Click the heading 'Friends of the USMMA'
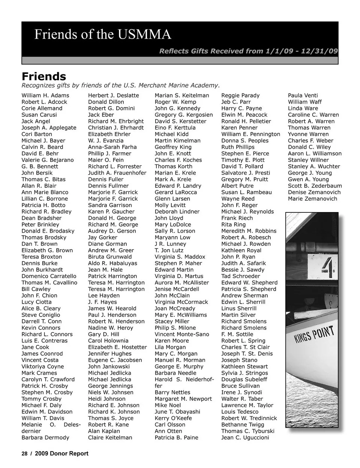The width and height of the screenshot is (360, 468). [x=103, y=35]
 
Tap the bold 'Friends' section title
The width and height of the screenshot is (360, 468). [x=44, y=77]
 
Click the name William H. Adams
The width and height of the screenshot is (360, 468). [x=45, y=96]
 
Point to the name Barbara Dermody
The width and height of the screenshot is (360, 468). [x=45, y=438]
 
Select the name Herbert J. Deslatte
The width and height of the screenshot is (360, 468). [x=113, y=96]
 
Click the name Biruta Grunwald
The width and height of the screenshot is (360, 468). [x=110, y=257]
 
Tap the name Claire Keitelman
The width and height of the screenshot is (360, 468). [x=110, y=438]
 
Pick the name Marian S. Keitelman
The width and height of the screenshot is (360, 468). [x=182, y=96]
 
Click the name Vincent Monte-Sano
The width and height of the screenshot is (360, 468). [x=182, y=334]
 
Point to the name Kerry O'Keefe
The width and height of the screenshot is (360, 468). [x=173, y=418]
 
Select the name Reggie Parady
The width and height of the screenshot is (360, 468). [x=240, y=96]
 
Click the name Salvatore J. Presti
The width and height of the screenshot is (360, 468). [x=246, y=173]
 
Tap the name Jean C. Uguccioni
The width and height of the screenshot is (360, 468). [x=245, y=438]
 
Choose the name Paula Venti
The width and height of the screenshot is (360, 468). [x=303, y=96]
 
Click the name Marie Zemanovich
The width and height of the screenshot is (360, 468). [x=312, y=199]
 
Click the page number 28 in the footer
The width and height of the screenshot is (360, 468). [x=24, y=453]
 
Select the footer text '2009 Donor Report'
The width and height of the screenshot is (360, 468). [x=61, y=453]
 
